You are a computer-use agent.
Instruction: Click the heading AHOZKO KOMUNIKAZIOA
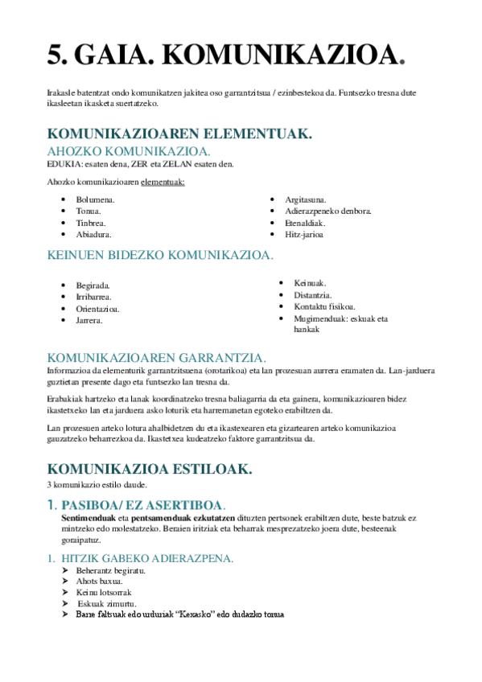(129, 151)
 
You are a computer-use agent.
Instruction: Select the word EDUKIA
(61, 164)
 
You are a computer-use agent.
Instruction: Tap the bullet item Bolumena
(95, 199)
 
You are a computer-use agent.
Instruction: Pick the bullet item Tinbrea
(91, 223)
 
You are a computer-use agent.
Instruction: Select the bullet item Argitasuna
(305, 199)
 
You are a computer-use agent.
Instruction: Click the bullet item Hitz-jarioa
(304, 234)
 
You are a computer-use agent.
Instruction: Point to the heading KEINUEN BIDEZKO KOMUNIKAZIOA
(160, 255)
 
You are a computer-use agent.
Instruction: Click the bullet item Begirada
(93, 285)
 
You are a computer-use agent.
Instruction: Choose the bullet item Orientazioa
(98, 308)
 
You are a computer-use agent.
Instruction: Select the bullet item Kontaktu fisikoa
(324, 306)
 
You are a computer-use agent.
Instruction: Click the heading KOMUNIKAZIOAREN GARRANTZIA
(157, 357)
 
